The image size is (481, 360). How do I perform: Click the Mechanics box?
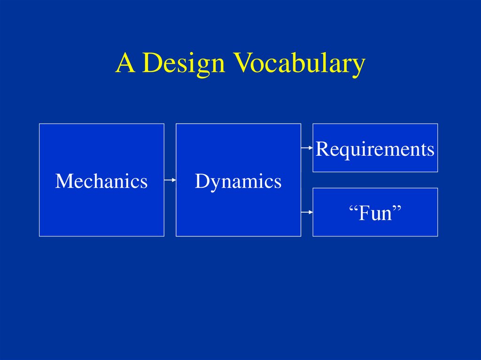coord(101,180)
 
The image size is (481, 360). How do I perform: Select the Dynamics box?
coord(238,180)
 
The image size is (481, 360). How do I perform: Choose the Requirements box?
coord(375,148)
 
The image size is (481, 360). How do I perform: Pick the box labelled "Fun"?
coord(375,212)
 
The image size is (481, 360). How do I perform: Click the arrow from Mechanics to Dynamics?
coord(170,180)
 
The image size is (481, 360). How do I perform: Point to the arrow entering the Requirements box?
coord(307,148)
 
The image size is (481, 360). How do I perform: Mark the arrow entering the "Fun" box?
coord(307,212)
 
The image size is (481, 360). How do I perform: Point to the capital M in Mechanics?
coord(63,181)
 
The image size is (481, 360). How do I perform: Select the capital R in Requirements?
coord(322,149)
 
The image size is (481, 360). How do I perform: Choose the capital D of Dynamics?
coord(201,181)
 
